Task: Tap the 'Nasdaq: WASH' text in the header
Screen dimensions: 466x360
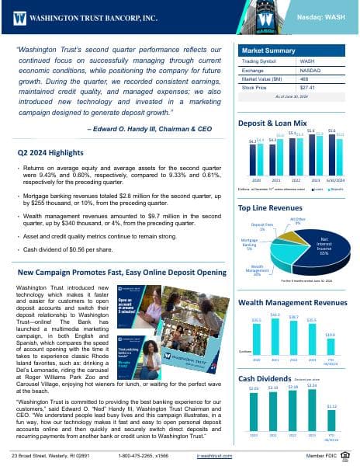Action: click(x=322, y=16)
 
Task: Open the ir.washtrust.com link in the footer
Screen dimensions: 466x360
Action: click(x=216, y=454)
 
